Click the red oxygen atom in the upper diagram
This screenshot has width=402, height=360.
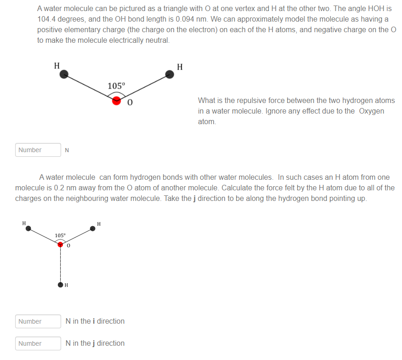(117, 100)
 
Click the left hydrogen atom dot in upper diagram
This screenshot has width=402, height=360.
(65, 74)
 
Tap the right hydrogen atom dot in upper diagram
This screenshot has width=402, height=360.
(170, 74)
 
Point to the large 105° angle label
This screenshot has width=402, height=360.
(116, 86)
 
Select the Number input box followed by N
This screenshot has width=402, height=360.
(38, 150)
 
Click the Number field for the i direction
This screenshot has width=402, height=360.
(38, 321)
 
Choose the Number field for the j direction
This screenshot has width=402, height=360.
(38, 343)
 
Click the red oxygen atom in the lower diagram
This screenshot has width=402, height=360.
(60, 245)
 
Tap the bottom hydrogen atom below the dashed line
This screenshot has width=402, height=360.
(60, 285)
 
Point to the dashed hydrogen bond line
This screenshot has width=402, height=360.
(60, 264)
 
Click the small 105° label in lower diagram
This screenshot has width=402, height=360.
(60, 235)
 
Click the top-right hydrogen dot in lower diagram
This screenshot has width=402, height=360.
(92, 229)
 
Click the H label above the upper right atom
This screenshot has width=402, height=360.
(180, 67)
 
